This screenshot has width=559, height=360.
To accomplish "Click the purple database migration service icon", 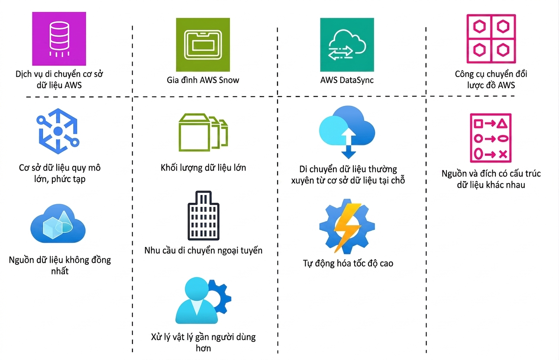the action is point(59,39).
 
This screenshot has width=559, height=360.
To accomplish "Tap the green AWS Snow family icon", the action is point(203,45).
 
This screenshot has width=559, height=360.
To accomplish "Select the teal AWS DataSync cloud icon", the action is point(347,45).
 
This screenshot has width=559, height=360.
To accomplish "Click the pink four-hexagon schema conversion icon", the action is point(491,39).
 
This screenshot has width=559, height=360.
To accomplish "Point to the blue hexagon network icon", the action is point(58,131).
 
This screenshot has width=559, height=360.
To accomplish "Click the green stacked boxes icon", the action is point(203,132).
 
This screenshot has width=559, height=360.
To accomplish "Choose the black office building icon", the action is point(204,215).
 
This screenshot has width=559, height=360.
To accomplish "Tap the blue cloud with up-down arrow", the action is point(347,132).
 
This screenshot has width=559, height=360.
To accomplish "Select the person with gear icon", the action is point(204,300).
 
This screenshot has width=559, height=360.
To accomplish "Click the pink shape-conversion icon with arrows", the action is point(491,138).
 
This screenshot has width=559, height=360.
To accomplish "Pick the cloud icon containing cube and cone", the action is point(58,223).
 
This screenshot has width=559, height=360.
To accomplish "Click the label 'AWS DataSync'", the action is point(347,80).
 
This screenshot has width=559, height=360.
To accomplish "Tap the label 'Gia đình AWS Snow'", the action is point(203,80).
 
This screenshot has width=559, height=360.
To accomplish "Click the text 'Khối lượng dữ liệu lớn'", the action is point(204,168).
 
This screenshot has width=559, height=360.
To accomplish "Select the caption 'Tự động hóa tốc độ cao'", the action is point(348,263).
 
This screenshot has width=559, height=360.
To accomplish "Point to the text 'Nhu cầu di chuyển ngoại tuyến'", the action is point(204,251).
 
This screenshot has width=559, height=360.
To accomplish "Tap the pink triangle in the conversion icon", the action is point(502,124).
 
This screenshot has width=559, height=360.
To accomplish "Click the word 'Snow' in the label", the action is point(229,80).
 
